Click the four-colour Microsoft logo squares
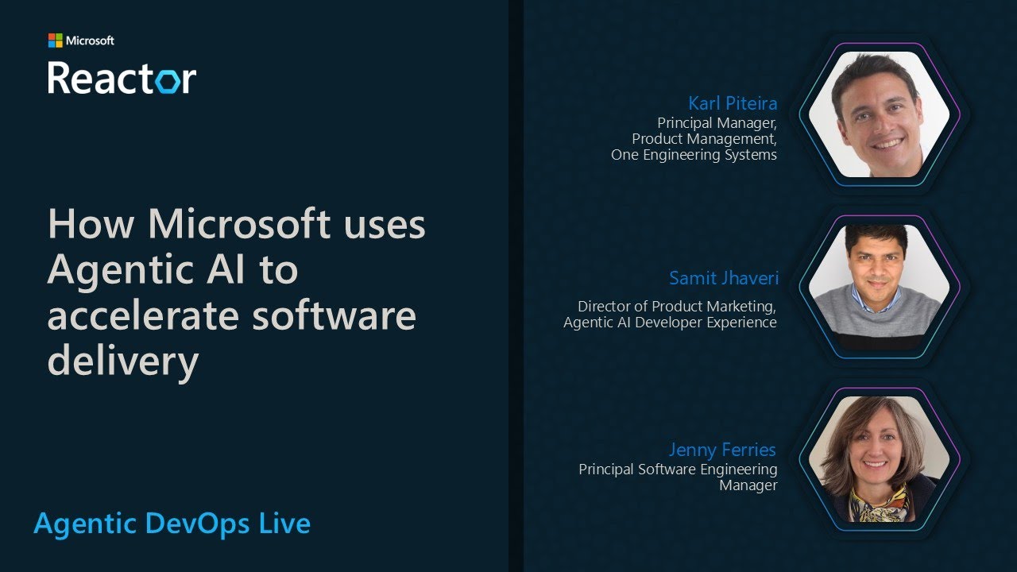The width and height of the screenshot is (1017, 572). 55,41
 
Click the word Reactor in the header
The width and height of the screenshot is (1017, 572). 122,78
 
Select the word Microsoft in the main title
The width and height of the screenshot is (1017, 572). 238,224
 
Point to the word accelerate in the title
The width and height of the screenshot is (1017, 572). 142,315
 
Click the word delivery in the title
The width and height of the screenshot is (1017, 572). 122,361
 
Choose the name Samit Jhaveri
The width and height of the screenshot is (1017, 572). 723,278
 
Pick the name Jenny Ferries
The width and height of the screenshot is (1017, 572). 722,450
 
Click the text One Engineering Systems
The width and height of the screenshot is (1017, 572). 694,155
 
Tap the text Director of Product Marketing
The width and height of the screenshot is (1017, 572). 677,306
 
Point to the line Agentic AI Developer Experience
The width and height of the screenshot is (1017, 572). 670,322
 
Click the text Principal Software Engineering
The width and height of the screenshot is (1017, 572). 678,470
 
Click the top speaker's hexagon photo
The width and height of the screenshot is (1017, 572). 879,114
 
